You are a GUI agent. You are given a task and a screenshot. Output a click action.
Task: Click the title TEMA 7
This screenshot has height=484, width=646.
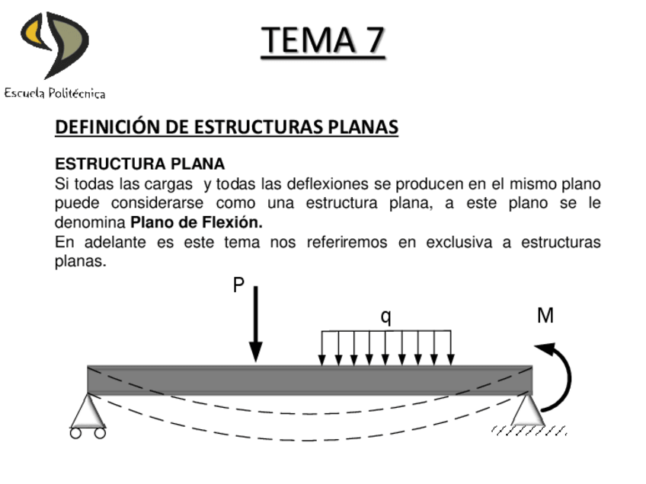[323, 40]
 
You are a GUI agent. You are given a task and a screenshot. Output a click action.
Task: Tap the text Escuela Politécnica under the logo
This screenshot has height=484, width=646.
[55, 94]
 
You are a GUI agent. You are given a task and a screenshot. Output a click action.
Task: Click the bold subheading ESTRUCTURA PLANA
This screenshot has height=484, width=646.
[140, 164]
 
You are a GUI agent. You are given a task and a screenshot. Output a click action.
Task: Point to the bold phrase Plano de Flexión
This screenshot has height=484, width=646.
[196, 223]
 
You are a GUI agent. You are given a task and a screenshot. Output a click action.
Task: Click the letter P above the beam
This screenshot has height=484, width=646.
[238, 286]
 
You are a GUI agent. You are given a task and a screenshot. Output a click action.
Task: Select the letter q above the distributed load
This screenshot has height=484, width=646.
[386, 317]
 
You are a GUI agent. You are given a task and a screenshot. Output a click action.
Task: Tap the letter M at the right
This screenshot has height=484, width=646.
[545, 316]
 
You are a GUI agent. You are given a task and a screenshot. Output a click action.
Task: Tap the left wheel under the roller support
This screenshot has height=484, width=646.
[76, 433]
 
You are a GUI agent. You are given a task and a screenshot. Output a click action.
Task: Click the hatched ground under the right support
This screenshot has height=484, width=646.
[529, 431]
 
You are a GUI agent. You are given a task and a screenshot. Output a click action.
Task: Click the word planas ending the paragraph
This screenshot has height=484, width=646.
[80, 262]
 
